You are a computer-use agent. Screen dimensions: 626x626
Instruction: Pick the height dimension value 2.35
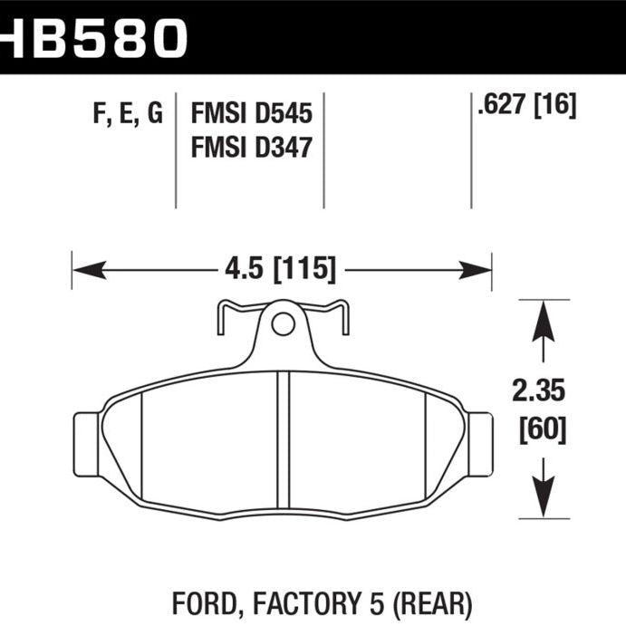coord(542,391)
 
